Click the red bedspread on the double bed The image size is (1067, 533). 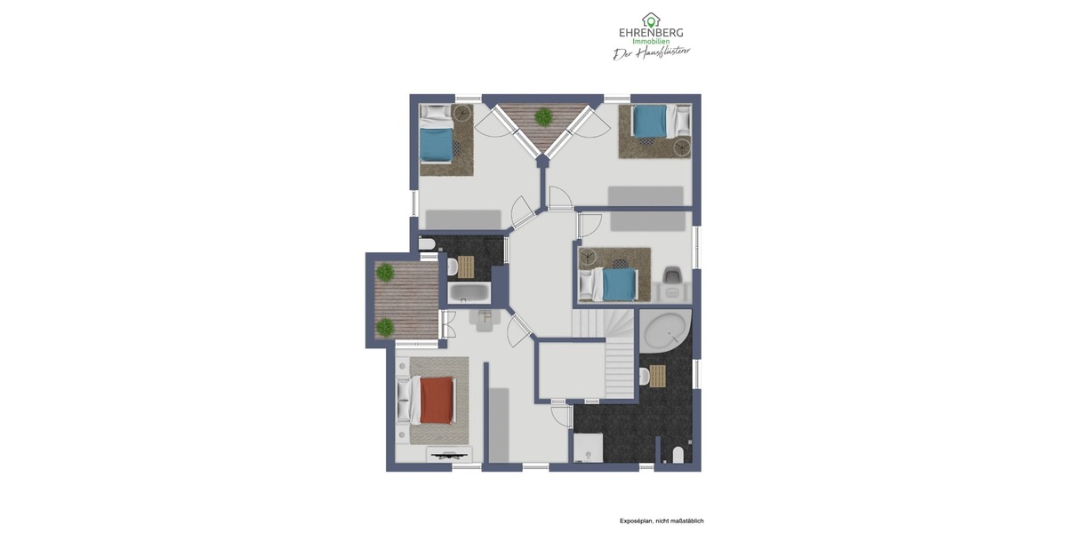437,400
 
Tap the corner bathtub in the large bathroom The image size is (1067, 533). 667,331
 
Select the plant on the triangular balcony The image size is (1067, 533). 542,116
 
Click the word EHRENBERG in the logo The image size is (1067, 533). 651,33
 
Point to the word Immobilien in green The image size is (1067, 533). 650,42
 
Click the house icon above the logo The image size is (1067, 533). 651,20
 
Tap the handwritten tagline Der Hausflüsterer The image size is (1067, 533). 651,53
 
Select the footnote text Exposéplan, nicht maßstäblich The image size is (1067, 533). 662,521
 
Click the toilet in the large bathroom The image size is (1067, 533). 678,455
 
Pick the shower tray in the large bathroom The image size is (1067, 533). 589,448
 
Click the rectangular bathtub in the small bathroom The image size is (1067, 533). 469,292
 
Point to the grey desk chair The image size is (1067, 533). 671,276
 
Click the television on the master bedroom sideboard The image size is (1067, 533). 449,456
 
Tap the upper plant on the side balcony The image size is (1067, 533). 385,273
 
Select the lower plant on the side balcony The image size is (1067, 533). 385,327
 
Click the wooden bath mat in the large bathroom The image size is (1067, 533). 657,377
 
